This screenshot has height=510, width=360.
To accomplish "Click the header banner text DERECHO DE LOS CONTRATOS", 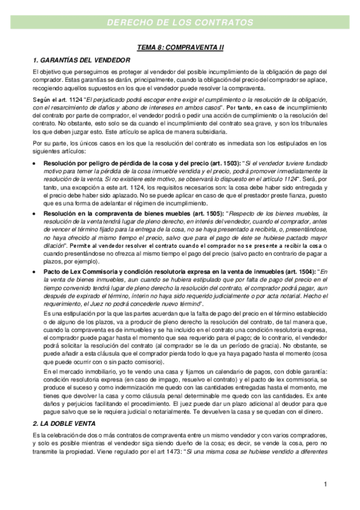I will [180, 23].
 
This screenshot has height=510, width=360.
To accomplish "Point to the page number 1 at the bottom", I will [325, 484].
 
